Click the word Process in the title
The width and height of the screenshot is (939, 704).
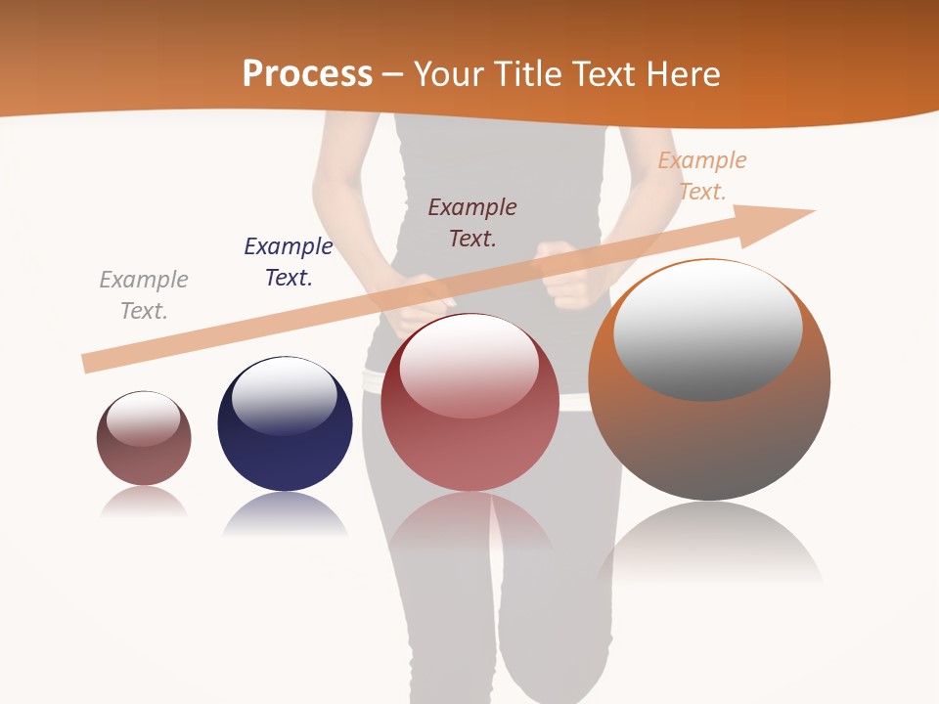pos(307,74)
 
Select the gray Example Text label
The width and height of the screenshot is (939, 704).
pos(144,295)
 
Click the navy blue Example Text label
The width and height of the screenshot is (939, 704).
pos(289,262)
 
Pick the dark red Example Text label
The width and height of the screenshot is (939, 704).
pos(472,222)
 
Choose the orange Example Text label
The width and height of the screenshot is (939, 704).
pos(702,176)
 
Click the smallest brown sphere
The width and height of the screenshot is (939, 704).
pos(144,455)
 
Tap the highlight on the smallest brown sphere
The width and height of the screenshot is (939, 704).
pos(144,418)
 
